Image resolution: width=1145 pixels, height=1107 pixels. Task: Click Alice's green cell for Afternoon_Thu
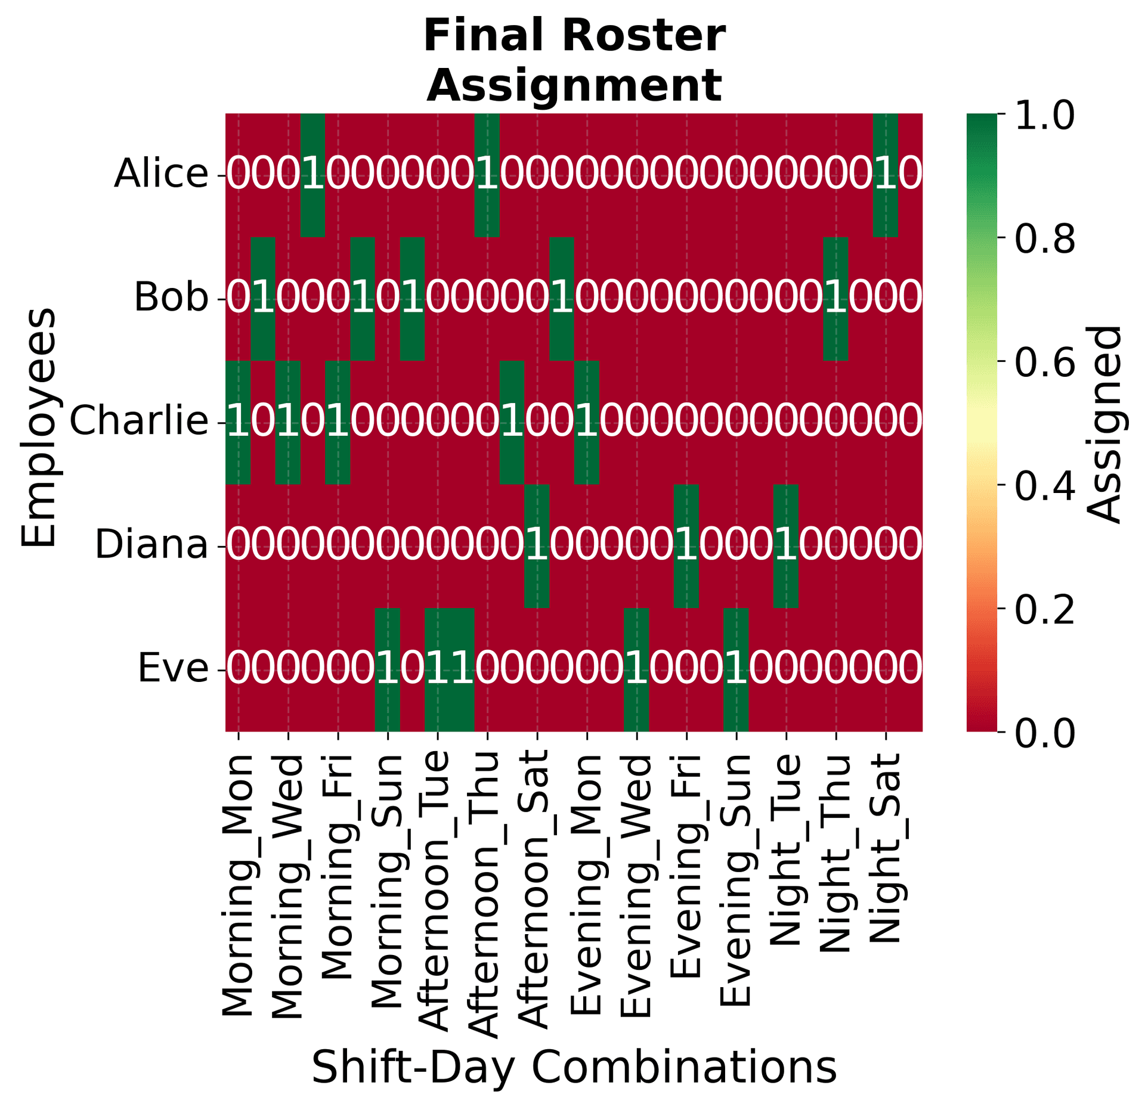click(487, 175)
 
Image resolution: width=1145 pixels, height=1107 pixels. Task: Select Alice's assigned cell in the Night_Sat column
click(885, 175)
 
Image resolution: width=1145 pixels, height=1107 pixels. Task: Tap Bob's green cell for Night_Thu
click(835, 299)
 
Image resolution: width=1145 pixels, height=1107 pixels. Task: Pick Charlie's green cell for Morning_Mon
click(238, 423)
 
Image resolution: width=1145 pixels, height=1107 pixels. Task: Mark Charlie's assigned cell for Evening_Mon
click(587, 423)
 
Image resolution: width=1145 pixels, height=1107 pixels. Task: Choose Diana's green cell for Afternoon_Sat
click(537, 546)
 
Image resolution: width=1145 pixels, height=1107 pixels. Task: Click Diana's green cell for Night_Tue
click(785, 546)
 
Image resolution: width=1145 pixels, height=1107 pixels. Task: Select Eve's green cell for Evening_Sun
click(736, 669)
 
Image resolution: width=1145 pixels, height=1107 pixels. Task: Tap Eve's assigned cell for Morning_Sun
click(388, 669)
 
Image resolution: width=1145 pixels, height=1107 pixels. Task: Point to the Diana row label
click(151, 545)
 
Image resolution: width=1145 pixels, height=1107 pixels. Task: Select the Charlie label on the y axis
click(140, 422)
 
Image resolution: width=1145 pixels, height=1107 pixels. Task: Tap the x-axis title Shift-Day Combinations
click(574, 1068)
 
